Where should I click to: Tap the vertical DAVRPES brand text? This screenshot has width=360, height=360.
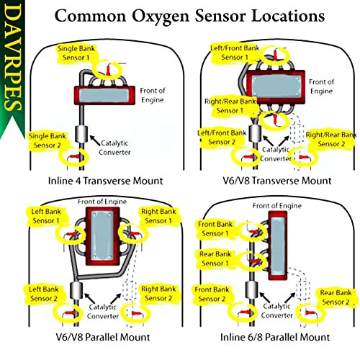coord(12,58)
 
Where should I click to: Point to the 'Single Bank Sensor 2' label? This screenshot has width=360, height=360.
coord(48,140)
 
